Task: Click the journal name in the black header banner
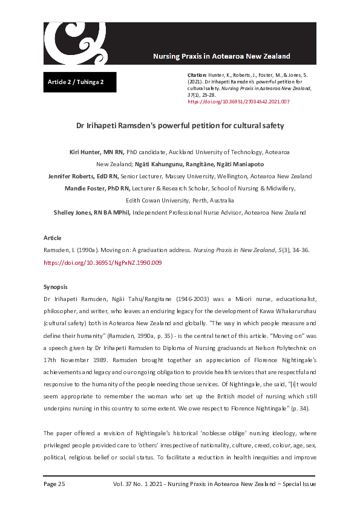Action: click(x=221, y=56)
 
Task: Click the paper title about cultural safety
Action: click(x=180, y=126)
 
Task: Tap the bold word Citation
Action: click(x=198, y=74)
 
